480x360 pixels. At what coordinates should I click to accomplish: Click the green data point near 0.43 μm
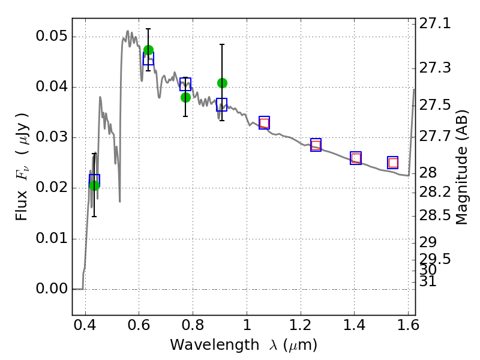pos(94,185)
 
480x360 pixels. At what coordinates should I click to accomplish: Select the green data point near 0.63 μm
pos(148,50)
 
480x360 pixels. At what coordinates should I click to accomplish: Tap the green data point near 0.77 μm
pos(185,98)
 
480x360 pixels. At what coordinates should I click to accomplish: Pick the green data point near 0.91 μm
pos(222,83)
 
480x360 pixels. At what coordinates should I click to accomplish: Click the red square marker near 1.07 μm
pos(264,123)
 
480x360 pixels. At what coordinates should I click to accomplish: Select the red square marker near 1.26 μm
pos(316,145)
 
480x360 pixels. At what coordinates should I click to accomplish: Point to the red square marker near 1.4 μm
pos(356,158)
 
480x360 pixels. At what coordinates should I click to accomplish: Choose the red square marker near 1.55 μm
pos(393,163)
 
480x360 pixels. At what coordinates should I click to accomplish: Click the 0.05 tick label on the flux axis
pos(52,36)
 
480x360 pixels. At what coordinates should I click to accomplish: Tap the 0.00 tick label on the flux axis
pos(52,289)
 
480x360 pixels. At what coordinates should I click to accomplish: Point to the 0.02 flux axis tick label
pos(52,187)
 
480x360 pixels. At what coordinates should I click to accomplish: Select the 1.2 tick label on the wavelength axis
pos(301,325)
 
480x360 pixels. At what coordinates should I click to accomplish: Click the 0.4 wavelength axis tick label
pos(85,325)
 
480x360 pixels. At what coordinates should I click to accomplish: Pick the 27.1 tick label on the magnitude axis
pos(434,23)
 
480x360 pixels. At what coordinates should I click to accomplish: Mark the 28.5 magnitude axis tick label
pos(434,215)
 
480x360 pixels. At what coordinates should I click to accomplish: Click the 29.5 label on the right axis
pos(434,259)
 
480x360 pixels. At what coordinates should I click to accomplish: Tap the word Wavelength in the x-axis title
pos(215,345)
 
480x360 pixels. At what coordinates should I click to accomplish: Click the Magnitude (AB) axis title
pos(461,167)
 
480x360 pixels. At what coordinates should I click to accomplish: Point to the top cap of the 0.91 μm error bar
pos(222,44)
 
